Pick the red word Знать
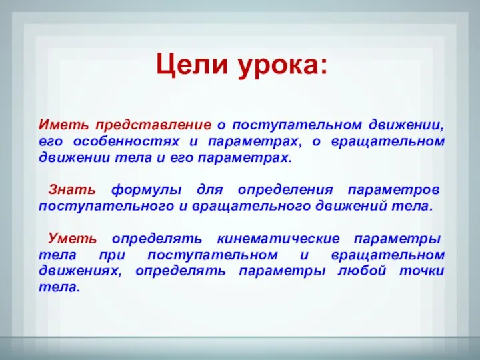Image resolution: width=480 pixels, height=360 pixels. tap(72, 189)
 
